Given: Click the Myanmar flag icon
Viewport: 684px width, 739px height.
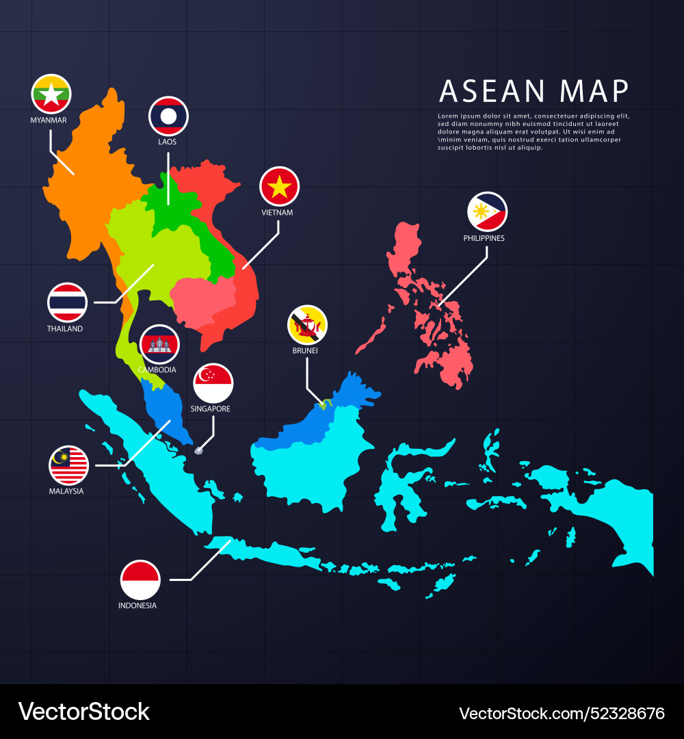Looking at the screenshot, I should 51,94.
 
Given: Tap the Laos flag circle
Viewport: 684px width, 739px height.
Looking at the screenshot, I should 168,116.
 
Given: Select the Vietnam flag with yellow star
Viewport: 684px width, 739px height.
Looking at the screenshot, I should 280,186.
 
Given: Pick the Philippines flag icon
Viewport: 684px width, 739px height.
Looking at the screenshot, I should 487,212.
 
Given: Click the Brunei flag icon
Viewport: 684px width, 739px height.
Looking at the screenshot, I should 307,324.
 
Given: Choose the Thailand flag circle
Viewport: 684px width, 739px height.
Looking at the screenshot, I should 67,302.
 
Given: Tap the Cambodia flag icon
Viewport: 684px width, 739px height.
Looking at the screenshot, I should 159,344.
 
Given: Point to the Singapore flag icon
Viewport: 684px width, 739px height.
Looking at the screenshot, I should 213,383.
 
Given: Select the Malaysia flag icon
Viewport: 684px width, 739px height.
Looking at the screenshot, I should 68,465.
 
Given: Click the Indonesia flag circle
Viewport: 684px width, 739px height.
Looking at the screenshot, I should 140,580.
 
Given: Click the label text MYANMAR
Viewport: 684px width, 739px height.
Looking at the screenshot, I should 49,120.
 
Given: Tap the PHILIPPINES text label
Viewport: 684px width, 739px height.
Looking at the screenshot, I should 484,239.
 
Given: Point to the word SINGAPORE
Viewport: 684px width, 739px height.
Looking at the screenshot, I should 211,409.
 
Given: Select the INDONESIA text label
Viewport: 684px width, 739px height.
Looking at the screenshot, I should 137,606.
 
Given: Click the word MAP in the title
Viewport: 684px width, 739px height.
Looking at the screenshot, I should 594,91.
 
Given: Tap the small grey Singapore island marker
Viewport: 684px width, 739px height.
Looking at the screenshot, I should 200,450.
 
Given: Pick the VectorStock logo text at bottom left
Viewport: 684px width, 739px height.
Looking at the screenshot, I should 83,712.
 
